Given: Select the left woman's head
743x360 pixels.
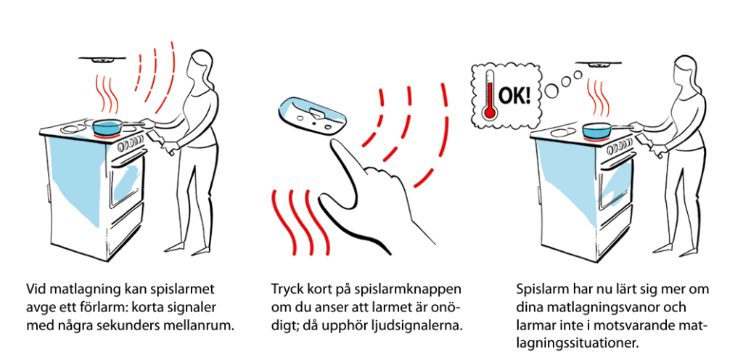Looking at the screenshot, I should tap(198, 66).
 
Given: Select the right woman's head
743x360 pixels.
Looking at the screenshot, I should tap(685, 69).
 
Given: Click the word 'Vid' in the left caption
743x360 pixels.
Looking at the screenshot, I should tap(36, 287).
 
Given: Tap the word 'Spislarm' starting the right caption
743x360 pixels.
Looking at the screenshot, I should tap(540, 287).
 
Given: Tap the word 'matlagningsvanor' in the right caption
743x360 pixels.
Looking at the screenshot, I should tap(591, 306).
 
